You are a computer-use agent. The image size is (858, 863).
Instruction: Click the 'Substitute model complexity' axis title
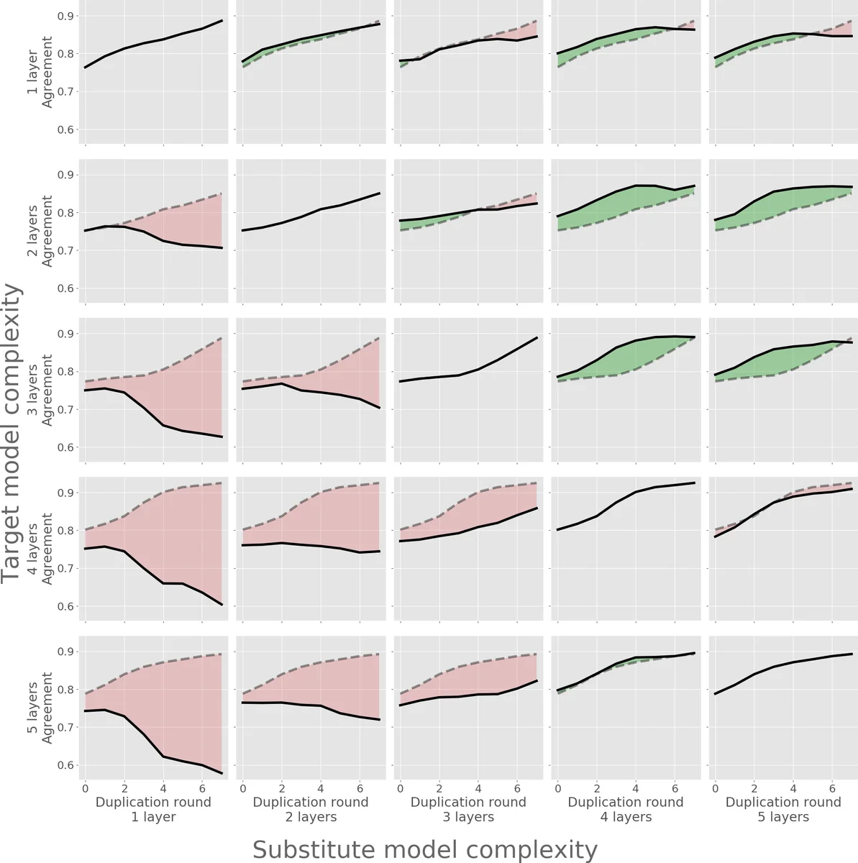click(424, 849)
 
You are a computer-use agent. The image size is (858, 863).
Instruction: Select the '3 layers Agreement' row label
click(40, 391)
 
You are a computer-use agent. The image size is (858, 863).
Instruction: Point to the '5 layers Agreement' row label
click(40, 708)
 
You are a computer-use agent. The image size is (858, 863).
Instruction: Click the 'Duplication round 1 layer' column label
click(153, 809)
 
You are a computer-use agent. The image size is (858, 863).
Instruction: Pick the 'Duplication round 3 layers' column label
click(468, 809)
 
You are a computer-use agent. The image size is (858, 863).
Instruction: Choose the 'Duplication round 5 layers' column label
click(782, 809)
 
